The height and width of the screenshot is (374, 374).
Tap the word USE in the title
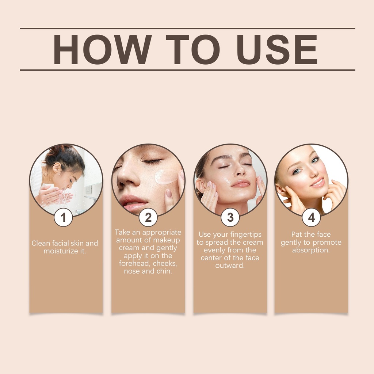click(277, 50)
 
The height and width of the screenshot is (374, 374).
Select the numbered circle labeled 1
click(63, 217)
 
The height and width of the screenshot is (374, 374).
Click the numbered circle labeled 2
click(148, 217)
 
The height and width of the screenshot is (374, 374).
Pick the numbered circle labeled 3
click(230, 217)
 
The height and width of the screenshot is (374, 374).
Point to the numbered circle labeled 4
click(311, 217)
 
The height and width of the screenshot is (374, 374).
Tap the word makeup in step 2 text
click(167, 240)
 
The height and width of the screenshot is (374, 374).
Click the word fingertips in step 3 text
click(246, 235)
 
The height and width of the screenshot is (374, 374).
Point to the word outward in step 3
click(230, 266)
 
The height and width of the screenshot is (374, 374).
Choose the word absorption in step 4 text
click(311, 250)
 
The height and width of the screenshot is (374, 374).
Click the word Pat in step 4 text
click(297, 234)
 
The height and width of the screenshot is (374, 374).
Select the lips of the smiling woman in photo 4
click(318, 183)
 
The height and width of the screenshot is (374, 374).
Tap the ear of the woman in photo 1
click(57, 167)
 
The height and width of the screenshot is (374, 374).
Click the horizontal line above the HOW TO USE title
click(187, 28)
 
